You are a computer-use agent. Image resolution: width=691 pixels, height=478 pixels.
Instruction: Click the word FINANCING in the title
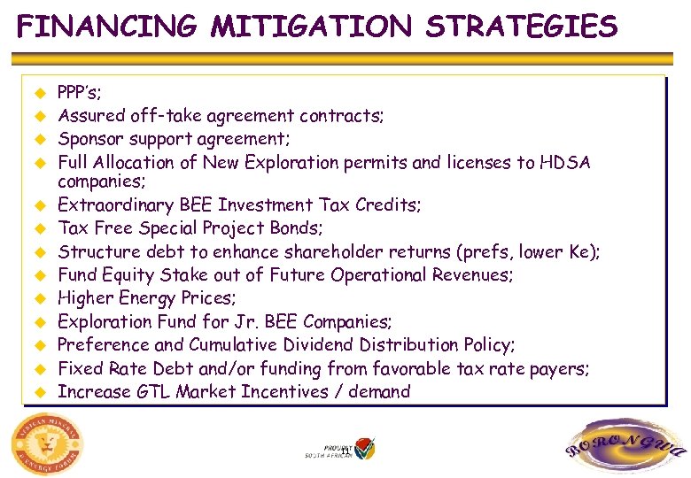pos(107,27)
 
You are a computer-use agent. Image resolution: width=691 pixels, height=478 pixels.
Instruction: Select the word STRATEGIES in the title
pos(522,27)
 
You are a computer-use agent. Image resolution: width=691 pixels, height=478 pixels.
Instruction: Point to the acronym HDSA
pos(566,162)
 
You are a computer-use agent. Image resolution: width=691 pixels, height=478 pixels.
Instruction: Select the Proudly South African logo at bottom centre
pos(341,448)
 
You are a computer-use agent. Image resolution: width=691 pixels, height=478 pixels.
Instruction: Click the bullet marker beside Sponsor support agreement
pos(39,139)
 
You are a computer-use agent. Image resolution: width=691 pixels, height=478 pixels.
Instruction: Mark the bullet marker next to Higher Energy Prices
pos(39,298)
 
